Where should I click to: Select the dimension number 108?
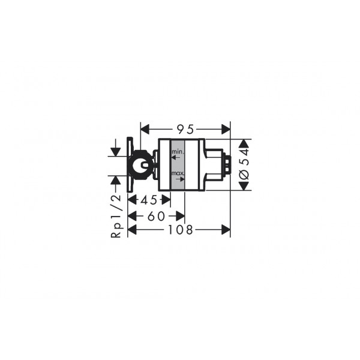tap(181, 230)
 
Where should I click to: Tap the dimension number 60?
tap(156, 216)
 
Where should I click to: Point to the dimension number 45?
tap(149, 200)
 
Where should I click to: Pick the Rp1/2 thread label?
tap(116, 215)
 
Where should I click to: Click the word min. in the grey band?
tap(178, 152)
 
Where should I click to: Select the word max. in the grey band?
tap(178, 173)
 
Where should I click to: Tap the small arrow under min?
tap(176, 157)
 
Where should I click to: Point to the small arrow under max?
tap(181, 179)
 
